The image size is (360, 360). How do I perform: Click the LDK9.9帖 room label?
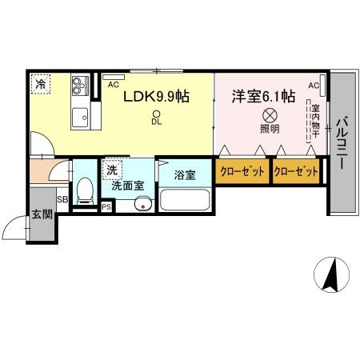click(x=155, y=96)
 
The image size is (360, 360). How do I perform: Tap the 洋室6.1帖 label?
click(x=263, y=96)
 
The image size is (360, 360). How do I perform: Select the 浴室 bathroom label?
click(x=184, y=174)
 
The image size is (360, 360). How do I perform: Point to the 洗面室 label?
click(x=126, y=185)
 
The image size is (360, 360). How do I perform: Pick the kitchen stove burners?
click(x=81, y=85)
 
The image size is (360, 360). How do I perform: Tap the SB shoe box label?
click(x=62, y=198)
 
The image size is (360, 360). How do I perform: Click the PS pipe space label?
click(x=106, y=206)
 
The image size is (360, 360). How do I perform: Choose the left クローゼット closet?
click(x=242, y=171)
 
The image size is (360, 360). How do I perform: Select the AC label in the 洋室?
click(x=314, y=86)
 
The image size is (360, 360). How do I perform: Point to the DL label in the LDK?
click(x=157, y=122)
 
